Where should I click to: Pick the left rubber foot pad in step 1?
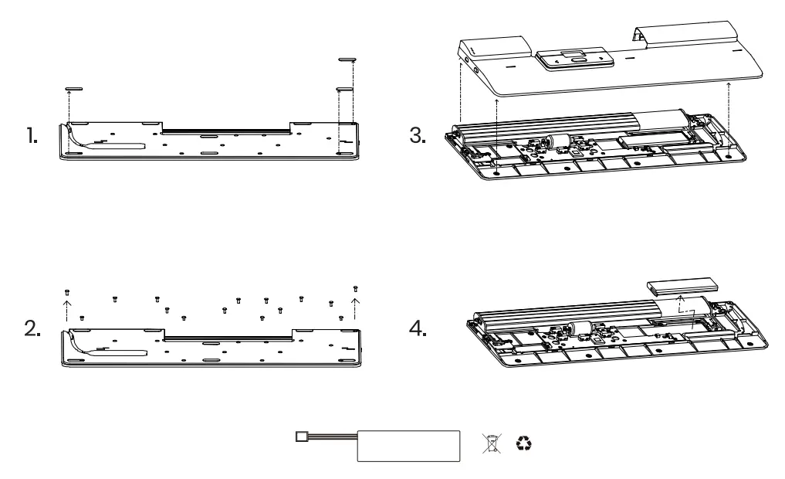(x=73, y=89)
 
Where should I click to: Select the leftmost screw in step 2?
(x=67, y=291)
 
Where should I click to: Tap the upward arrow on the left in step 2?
(x=66, y=310)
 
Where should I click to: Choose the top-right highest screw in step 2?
(x=354, y=288)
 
